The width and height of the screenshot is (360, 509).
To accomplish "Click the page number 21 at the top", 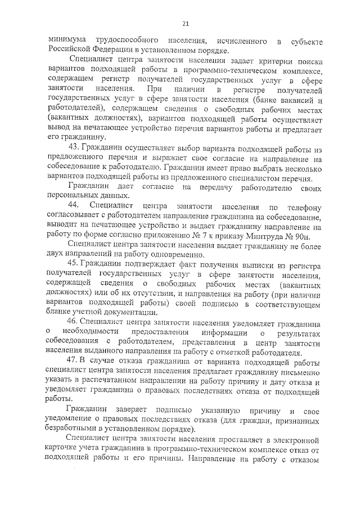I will (185, 23).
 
